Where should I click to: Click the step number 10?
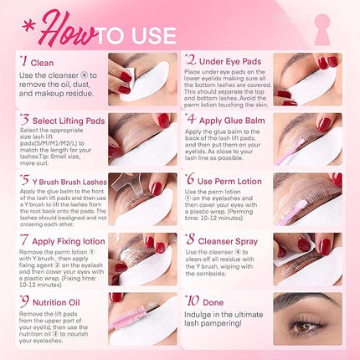(x=193, y=299)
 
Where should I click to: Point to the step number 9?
(x=24, y=300)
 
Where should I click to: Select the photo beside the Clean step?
(x=141, y=81)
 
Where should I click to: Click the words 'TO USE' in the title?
(x=147, y=35)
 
